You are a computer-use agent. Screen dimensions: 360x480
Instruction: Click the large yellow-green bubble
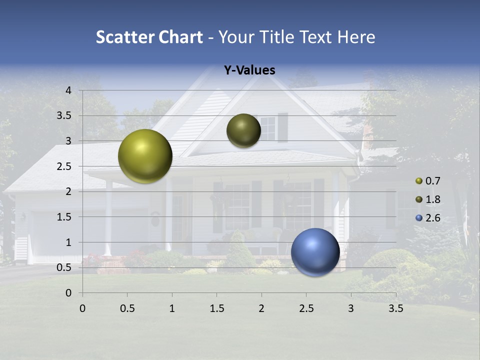point(145,156)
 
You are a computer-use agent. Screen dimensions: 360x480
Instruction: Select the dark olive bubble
point(243,130)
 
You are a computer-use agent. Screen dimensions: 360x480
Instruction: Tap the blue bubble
point(315,252)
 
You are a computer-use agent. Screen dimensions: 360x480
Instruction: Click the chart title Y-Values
point(249,70)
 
